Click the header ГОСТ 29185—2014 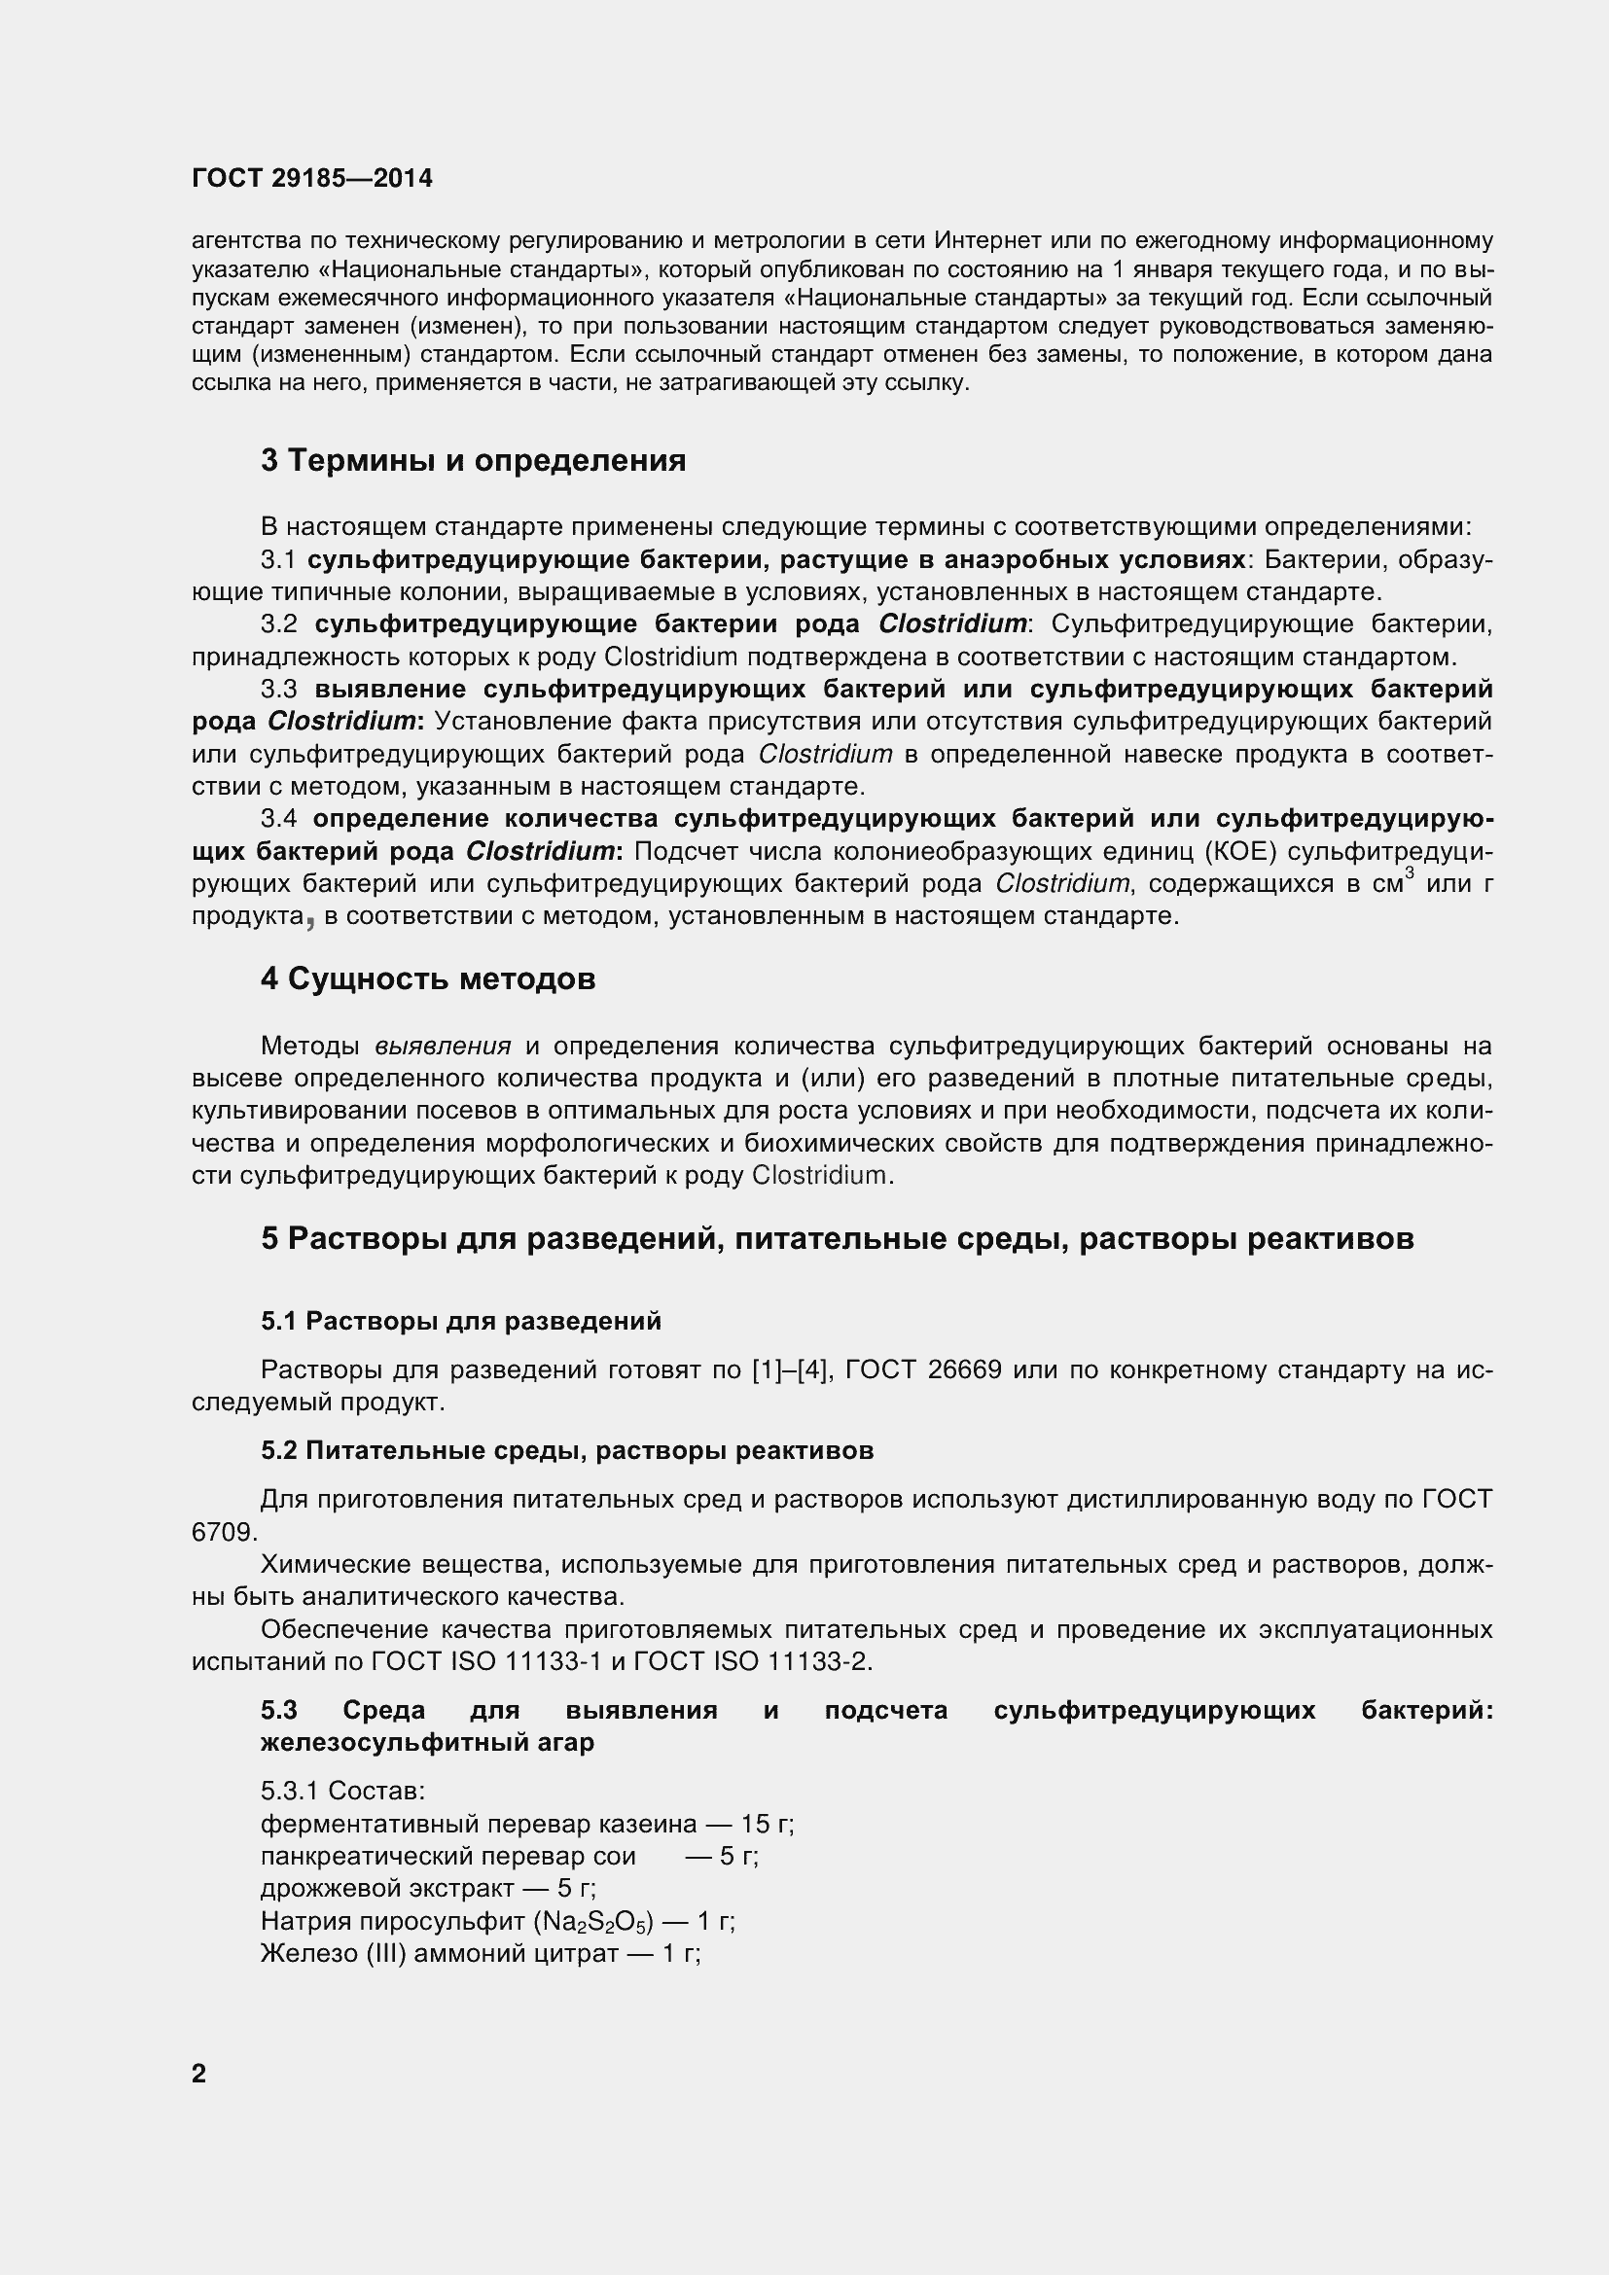click(x=312, y=178)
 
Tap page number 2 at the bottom click(x=199, y=2073)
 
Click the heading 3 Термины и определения click(x=473, y=461)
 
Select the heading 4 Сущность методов click(x=428, y=979)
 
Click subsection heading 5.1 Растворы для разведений click(x=461, y=1321)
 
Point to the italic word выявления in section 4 click(x=443, y=1047)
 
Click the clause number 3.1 click(x=278, y=560)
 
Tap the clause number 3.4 click(x=278, y=818)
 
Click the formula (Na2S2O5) click(x=593, y=1922)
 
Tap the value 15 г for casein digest click(x=772, y=1824)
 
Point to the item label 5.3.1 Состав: click(x=342, y=1792)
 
